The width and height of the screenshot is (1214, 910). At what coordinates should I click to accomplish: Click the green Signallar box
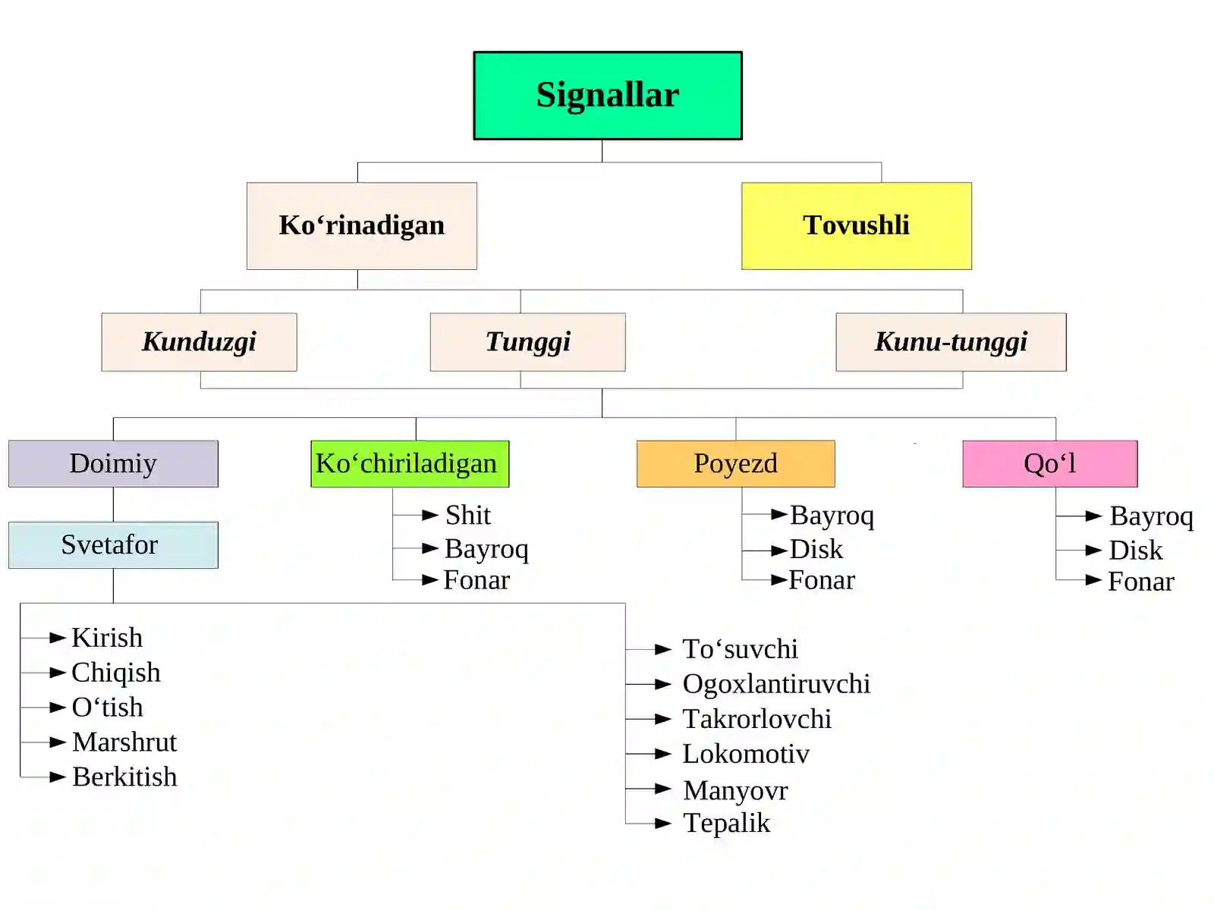(x=607, y=96)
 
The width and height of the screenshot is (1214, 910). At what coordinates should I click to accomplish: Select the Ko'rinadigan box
(x=362, y=226)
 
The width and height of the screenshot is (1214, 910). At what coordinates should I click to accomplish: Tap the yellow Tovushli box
(x=856, y=226)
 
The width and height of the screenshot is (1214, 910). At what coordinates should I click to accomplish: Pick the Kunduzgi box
(x=199, y=342)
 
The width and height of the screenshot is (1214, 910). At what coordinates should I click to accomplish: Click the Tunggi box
(x=527, y=342)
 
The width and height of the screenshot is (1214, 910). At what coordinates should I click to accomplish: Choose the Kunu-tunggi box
(x=951, y=342)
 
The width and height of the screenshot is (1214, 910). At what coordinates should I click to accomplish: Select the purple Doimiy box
(x=113, y=463)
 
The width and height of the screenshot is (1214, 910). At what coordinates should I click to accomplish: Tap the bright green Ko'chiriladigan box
(x=410, y=463)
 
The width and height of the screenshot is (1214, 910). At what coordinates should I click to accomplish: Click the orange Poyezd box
(x=735, y=463)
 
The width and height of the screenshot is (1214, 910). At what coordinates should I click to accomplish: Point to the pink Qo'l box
(x=1050, y=463)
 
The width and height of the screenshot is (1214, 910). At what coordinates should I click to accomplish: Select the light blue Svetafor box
(x=113, y=545)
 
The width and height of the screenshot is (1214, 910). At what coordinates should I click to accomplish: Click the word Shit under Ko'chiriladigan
(x=468, y=515)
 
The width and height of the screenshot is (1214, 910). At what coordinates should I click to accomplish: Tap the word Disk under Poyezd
(x=816, y=549)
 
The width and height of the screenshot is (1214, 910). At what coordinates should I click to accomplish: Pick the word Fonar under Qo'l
(x=1141, y=581)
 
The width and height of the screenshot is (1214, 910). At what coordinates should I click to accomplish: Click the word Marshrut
(x=124, y=742)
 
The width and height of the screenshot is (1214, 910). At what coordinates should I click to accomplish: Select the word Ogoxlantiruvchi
(x=776, y=684)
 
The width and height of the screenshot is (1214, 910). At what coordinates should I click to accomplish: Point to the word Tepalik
(x=726, y=824)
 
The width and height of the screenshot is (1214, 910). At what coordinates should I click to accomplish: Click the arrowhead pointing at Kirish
(x=58, y=639)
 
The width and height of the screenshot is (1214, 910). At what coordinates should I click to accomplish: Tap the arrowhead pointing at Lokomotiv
(x=663, y=754)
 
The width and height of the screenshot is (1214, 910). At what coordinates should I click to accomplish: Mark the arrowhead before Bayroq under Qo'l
(x=1093, y=516)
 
